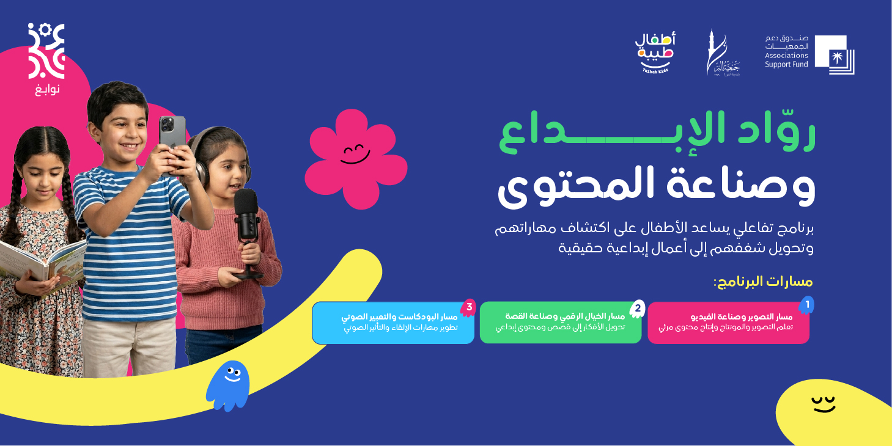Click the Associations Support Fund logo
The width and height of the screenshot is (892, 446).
click(809, 54)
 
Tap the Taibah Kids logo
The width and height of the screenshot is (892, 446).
click(655, 53)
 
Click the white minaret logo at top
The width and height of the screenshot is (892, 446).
click(722, 53)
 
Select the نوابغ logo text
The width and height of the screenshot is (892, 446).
click(46, 89)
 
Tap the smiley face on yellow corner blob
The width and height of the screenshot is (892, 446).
click(823, 404)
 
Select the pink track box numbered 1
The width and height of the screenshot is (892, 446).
click(728, 323)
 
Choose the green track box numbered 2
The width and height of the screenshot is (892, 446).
click(560, 322)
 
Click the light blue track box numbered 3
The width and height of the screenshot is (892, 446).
click(393, 323)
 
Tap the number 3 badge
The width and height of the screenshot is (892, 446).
click(469, 307)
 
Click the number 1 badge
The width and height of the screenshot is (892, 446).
click(806, 304)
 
